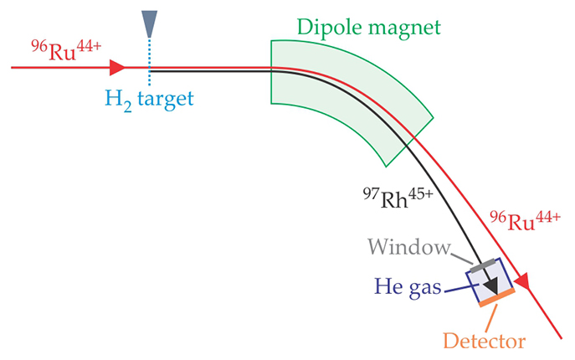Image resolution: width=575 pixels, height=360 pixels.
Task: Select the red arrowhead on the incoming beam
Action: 116,67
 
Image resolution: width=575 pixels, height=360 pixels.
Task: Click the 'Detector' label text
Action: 484,341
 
